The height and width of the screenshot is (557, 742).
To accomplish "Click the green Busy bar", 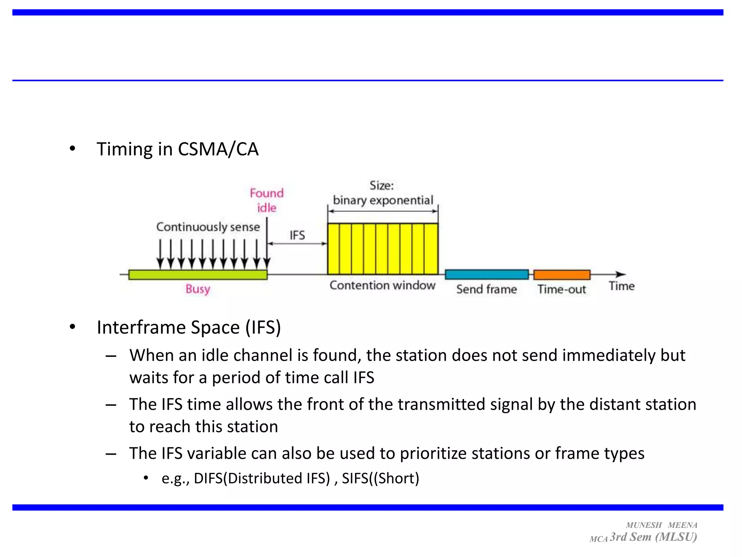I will pyautogui.click(x=197, y=275).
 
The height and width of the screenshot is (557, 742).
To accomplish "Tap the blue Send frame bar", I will pyautogui.click(x=487, y=275).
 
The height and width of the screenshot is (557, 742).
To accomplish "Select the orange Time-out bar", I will pyautogui.click(x=562, y=275).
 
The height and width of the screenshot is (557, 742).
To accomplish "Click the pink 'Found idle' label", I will pyautogui.click(x=267, y=200).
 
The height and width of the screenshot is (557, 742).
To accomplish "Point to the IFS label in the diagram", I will pyautogui.click(x=297, y=235).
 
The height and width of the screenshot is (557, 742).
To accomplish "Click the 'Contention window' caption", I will pyautogui.click(x=382, y=285).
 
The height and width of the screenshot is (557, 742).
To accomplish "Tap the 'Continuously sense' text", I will pyautogui.click(x=208, y=227).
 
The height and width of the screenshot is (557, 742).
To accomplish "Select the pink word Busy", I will pyautogui.click(x=198, y=289).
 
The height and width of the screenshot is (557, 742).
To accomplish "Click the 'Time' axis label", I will pyautogui.click(x=622, y=286).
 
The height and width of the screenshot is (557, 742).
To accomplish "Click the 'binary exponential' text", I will pyautogui.click(x=383, y=200).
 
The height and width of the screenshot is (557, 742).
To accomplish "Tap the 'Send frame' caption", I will pyautogui.click(x=487, y=289).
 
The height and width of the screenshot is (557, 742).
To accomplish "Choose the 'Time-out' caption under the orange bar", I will pyautogui.click(x=562, y=289).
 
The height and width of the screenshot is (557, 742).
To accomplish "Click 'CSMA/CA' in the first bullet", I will pyautogui.click(x=218, y=149).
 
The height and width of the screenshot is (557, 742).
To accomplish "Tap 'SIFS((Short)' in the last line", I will pyautogui.click(x=380, y=478).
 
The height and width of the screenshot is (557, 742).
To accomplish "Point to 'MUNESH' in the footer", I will pyautogui.click(x=644, y=525).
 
